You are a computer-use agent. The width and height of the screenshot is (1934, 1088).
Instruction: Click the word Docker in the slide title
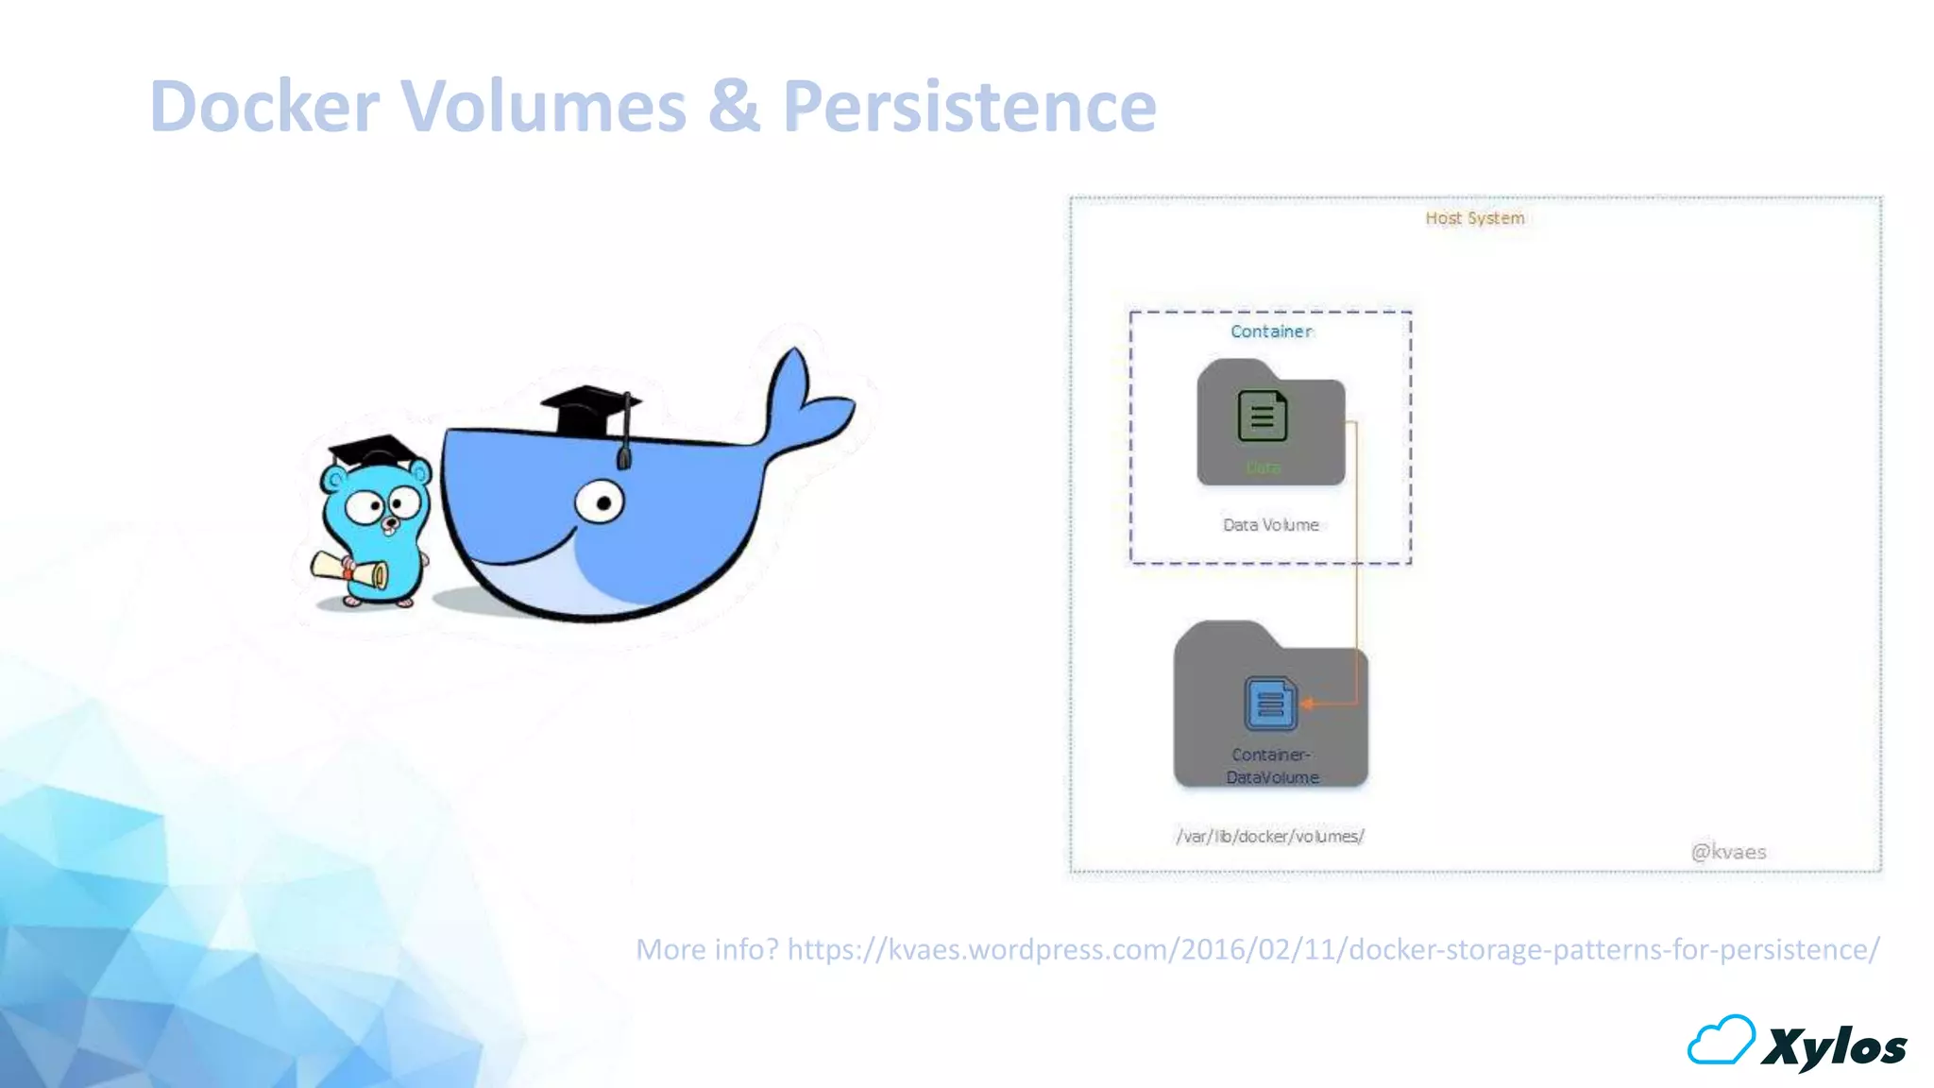point(265,106)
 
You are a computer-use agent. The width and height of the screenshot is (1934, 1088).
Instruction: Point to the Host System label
point(1474,218)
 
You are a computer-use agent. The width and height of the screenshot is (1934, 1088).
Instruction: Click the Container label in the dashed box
point(1271,331)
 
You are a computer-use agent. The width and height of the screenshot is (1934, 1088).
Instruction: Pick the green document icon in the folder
point(1263,416)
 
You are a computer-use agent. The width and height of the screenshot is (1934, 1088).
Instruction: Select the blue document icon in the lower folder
point(1270,704)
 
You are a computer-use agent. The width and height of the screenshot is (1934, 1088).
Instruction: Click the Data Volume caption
point(1271,525)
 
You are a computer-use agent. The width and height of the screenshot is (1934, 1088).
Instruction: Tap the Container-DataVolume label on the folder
point(1272,766)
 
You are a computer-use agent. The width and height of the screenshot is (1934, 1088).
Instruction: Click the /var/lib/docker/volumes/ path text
point(1270,837)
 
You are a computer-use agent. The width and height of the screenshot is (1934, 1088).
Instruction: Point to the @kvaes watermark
point(1728,852)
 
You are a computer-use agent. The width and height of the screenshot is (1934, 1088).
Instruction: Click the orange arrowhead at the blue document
point(1308,704)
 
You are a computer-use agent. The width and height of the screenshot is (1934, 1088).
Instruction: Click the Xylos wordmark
point(1834,1047)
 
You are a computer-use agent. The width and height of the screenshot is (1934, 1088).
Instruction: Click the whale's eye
point(600,501)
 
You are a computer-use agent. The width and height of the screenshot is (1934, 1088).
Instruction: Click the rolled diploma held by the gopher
point(350,569)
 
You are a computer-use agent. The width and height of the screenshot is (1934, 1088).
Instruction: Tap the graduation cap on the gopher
point(374,451)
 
